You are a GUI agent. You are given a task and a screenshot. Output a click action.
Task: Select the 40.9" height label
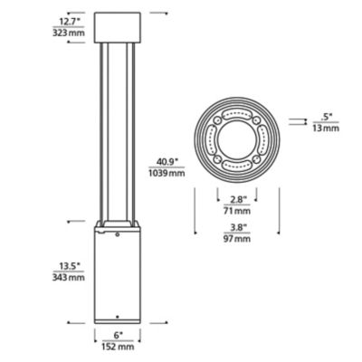[167, 160]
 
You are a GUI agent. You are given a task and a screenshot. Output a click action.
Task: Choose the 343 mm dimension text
[70, 278]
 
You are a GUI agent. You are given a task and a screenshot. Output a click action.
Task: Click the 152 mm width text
[118, 346]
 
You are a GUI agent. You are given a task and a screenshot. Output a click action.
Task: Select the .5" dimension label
[327, 115]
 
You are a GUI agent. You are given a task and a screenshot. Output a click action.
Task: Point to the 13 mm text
[327, 128]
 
